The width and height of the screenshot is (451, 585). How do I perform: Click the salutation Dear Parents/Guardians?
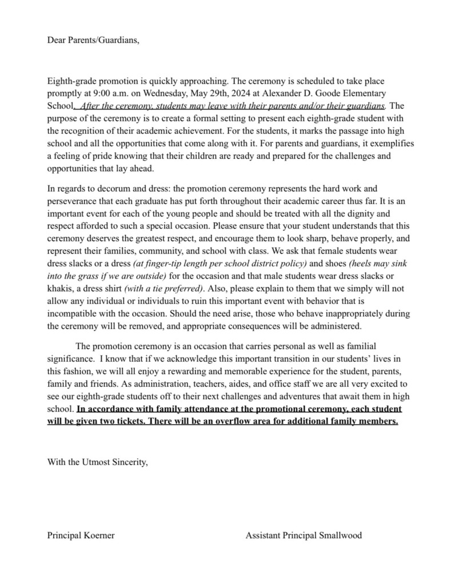point(93,41)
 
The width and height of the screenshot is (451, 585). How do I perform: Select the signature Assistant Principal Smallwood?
point(304,535)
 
